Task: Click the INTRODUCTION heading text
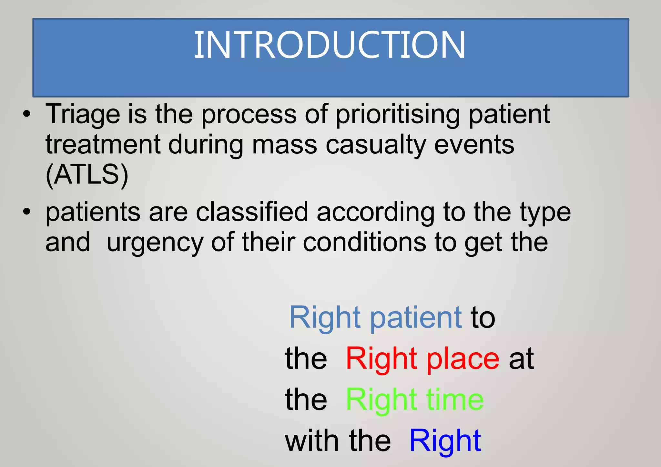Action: click(330, 45)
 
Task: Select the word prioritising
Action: click(398, 115)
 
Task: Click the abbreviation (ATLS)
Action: click(87, 175)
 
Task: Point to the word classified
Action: click(252, 212)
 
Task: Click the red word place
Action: click(463, 359)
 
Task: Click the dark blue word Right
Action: click(445, 441)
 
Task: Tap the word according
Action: click(375, 213)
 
